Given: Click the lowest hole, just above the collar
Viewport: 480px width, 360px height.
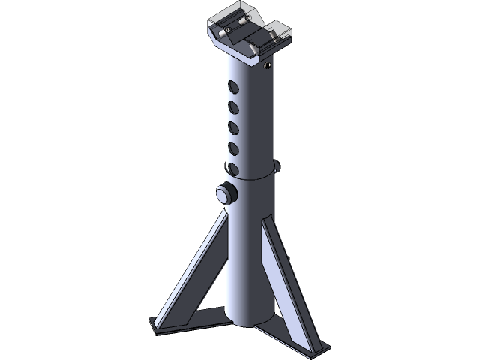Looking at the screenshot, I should pyautogui.click(x=233, y=167).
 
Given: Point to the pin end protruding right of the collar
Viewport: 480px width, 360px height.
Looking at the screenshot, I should pyautogui.click(x=279, y=166).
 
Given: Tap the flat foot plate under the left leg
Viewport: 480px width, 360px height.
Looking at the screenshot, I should pyautogui.click(x=157, y=326).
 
